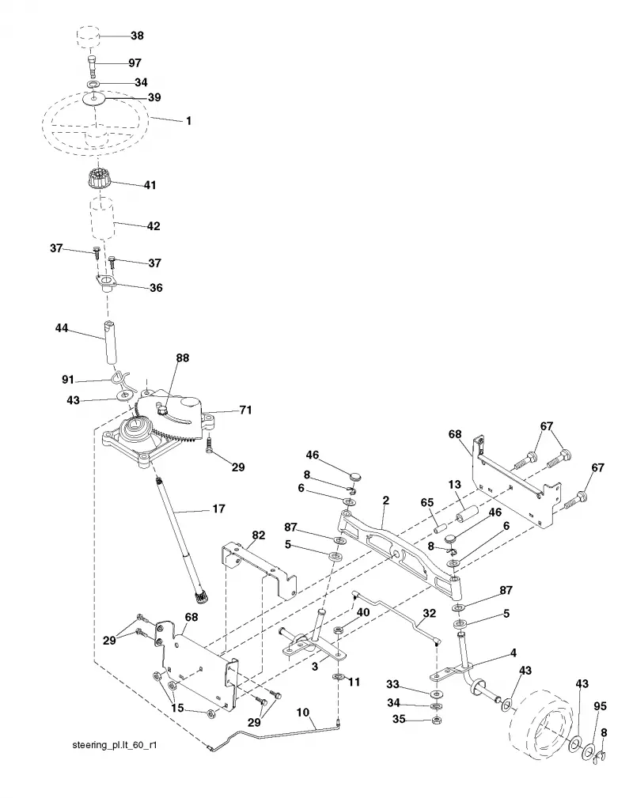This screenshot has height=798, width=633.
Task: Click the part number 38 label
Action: coord(137,36)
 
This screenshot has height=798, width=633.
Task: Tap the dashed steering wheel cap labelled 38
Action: coord(88,36)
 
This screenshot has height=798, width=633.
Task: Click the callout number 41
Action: coord(150,185)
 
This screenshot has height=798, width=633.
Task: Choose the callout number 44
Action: coord(62,329)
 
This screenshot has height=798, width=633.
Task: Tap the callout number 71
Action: coord(246,410)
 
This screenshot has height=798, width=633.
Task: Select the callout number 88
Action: coord(182,358)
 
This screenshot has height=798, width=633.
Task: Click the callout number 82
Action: coord(259,535)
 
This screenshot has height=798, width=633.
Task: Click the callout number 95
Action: coord(600,707)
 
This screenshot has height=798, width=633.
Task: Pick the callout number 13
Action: coord(455,485)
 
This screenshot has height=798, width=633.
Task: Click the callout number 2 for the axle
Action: coord(385,501)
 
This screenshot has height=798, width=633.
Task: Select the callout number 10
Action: coord(303,713)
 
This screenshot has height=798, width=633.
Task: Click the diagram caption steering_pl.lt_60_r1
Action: coord(115,746)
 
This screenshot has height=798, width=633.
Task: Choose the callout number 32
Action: coord(430,613)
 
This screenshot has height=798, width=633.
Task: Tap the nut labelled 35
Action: coord(435,720)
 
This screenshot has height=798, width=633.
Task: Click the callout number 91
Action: coord(68,380)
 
